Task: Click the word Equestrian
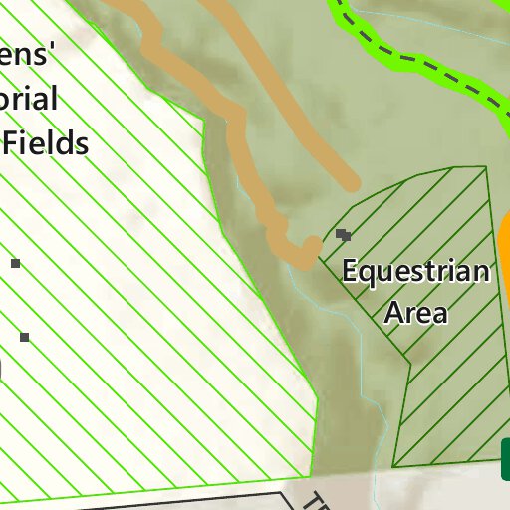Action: pos(415,272)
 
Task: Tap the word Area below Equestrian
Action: pos(415,313)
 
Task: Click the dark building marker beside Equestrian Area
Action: pos(344,235)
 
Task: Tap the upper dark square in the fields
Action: pos(15,263)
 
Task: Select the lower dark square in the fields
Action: pos(24,338)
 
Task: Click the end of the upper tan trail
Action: pos(350,183)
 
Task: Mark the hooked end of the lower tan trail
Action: pos(311,245)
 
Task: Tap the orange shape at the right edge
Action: pos(503,239)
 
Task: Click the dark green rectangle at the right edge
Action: pos(505,459)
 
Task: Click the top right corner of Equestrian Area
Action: pos(487,167)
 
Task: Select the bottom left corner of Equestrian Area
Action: pos(394,465)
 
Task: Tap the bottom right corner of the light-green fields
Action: pos(311,475)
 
